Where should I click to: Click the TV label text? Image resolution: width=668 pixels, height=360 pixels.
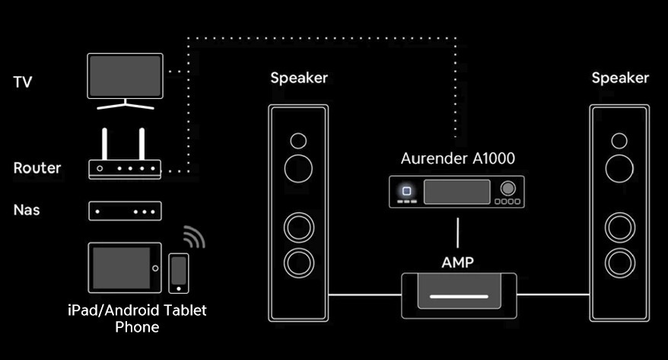pos(23,82)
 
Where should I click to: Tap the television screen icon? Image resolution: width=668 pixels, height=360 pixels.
pos(125,75)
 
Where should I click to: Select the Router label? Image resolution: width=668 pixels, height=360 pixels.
pos(37,167)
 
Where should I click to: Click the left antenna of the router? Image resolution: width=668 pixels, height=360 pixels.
pos(105,144)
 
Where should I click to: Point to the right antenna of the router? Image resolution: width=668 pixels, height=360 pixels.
pos(142,144)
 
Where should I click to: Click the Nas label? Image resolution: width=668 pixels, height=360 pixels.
pos(27,209)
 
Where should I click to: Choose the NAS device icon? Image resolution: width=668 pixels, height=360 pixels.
pos(125,211)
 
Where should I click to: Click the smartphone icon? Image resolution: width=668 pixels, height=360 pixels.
pos(179,272)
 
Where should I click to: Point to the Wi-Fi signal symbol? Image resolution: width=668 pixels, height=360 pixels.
pos(193,237)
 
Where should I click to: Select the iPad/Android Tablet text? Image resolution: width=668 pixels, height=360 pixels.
pos(137,311)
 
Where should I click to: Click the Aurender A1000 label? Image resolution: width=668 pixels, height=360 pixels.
pos(458,158)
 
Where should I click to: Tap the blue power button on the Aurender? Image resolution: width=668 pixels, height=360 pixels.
pos(409,191)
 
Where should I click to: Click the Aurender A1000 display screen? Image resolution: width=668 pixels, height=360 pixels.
pos(456,192)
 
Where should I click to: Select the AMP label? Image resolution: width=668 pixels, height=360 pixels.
pos(458,263)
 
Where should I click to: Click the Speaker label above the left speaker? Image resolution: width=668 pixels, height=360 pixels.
pos(299,78)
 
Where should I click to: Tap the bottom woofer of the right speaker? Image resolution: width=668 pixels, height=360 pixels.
pos(620,263)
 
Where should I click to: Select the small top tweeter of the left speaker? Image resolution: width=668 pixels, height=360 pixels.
pos(298,141)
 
